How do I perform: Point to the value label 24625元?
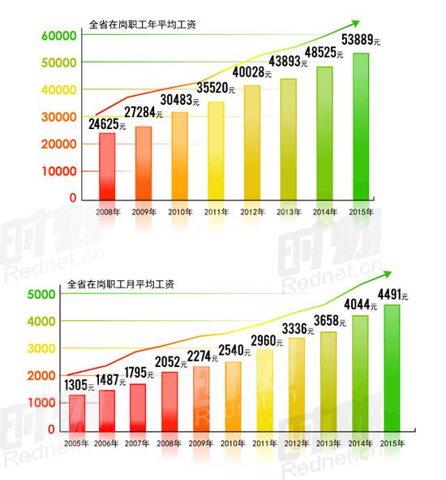105,125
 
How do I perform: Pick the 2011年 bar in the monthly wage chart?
264,390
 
